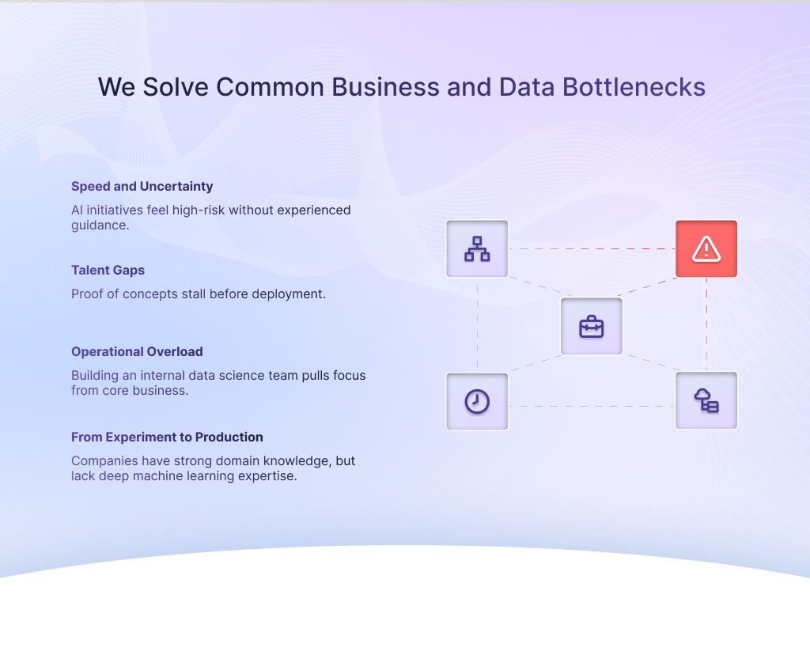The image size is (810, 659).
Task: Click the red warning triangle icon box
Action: (706, 249)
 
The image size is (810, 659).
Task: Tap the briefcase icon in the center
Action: (592, 327)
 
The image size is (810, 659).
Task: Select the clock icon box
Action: (477, 401)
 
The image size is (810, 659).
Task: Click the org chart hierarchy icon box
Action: (477, 249)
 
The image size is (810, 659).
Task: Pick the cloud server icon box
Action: (706, 401)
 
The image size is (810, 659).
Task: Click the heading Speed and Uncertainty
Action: (142, 187)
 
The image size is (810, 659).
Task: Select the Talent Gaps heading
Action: (108, 271)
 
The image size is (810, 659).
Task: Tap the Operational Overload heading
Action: (137, 352)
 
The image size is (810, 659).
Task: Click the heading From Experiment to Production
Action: (167, 437)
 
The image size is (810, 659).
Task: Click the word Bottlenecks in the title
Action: (634, 87)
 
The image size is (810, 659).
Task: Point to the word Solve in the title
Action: (176, 87)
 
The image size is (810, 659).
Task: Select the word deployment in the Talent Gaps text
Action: (288, 294)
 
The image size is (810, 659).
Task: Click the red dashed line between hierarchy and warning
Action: (592, 249)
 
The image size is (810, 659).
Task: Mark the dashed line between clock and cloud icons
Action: (592, 407)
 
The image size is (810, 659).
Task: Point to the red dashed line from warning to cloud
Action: (706, 324)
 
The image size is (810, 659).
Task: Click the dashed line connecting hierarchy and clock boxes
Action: (477, 324)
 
